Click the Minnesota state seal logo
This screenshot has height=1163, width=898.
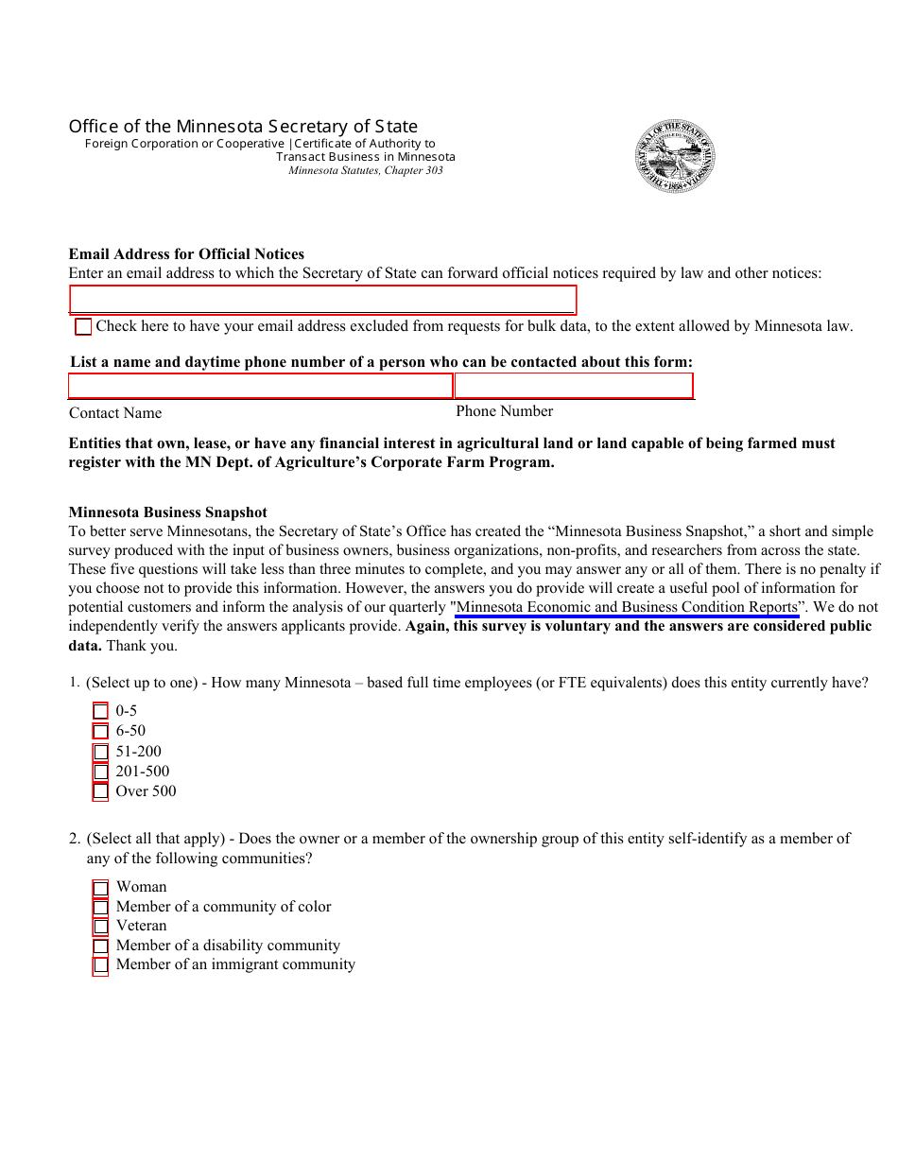point(675,157)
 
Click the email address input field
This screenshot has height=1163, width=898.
point(322,300)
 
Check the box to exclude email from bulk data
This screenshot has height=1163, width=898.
point(83,327)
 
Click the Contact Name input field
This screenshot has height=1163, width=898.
point(260,386)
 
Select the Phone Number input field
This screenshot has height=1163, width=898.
point(574,386)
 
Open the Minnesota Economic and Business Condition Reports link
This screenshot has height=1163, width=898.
point(627,607)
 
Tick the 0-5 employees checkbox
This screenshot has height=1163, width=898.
point(100,711)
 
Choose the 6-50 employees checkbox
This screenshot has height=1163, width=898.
point(100,731)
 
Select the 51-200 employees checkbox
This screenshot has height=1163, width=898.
point(100,752)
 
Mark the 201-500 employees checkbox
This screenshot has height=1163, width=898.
point(100,772)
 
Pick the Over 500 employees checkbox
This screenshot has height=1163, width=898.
point(100,791)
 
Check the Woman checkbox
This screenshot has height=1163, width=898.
point(100,888)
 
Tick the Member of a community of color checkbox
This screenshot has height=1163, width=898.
point(100,907)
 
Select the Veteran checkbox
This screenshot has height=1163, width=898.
point(100,927)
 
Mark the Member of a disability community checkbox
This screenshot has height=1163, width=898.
point(100,946)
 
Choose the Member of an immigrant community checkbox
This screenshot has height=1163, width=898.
point(100,965)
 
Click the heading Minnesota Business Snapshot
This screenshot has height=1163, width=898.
point(167,512)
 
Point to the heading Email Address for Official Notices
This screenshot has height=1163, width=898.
point(186,253)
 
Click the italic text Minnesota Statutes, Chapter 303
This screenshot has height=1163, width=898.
point(365,171)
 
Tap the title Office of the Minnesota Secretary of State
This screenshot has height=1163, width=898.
point(243,127)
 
